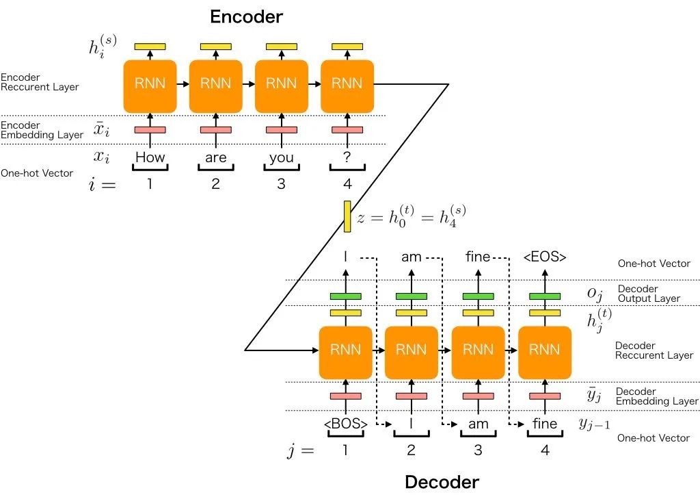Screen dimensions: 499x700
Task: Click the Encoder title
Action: coord(246,16)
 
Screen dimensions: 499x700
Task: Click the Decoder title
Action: coord(442,482)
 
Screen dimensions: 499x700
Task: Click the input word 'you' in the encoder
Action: coord(281,157)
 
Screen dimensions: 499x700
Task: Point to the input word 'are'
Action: coord(215,157)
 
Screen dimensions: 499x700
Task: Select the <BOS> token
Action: coord(345,424)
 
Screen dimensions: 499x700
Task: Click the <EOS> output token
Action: coord(545,257)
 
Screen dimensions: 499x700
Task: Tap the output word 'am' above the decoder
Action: coord(411,257)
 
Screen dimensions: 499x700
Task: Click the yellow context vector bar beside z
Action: coord(347,216)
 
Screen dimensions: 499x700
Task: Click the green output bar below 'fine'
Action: coord(478,296)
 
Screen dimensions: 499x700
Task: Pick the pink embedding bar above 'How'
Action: coord(150,130)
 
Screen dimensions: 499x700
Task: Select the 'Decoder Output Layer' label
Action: coord(649,294)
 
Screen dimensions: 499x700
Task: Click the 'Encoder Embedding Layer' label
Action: coord(42,130)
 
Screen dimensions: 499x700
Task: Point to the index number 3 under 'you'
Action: coord(281,183)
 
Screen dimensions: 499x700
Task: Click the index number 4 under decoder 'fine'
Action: coord(545,450)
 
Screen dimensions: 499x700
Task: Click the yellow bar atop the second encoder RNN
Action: coord(215,47)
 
